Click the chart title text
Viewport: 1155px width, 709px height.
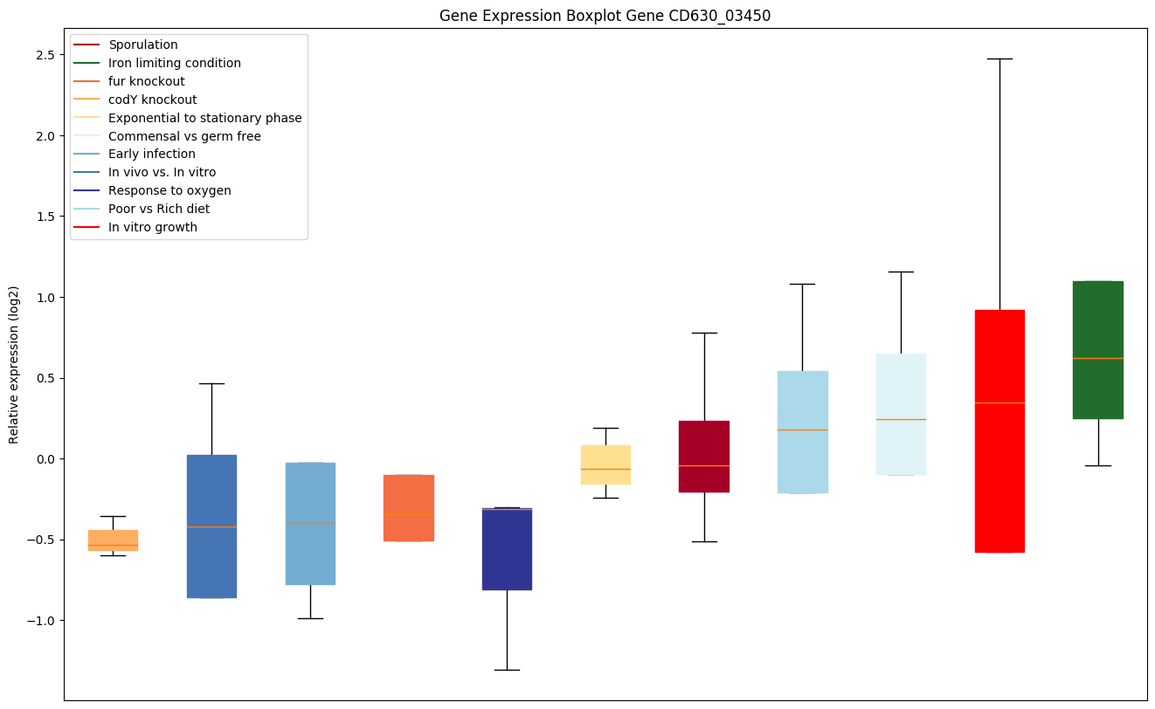point(605,16)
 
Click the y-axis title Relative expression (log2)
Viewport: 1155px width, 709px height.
point(14,364)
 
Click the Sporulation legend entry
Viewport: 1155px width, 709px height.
point(143,45)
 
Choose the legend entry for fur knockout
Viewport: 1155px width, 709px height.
point(146,81)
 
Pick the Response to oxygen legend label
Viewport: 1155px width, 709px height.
point(169,190)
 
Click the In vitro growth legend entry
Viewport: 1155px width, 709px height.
point(153,227)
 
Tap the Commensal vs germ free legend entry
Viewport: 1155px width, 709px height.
point(184,136)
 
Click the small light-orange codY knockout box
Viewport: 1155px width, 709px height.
point(113,540)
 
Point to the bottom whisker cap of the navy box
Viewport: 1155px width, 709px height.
point(507,670)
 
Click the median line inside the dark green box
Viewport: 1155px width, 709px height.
point(1097,358)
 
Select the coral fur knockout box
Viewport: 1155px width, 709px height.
point(409,507)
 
